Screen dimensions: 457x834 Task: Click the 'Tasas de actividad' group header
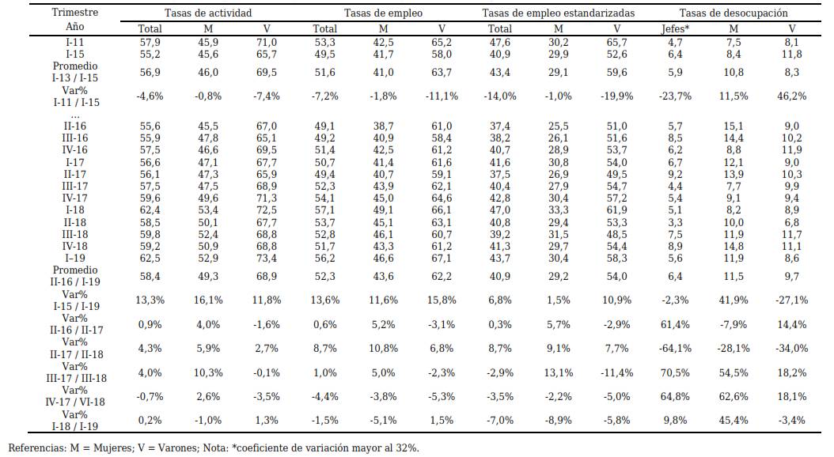point(208,13)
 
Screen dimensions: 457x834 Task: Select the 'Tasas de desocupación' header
point(733,13)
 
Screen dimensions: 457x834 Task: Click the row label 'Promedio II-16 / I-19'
point(75,276)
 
